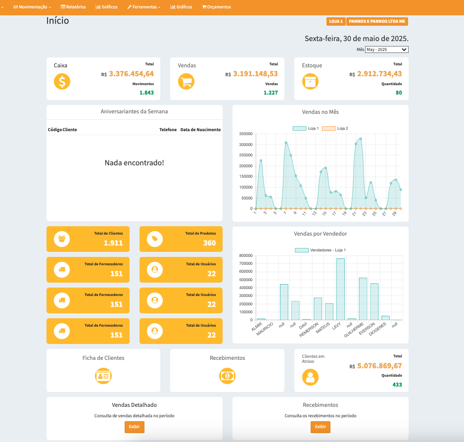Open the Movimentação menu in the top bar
point(32,7)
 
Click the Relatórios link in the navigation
point(73,7)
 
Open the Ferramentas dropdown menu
point(144,7)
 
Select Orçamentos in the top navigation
point(217,7)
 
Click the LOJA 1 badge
point(336,21)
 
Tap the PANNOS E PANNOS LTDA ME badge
point(377,21)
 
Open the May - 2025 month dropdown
point(386,49)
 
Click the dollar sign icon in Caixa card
point(62,82)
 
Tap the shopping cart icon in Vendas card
point(186,82)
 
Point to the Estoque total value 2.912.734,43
point(379,74)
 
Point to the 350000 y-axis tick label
point(245,134)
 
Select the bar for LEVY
point(340,289)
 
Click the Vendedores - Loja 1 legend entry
point(321,250)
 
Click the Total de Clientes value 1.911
point(113,243)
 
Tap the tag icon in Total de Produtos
point(155,239)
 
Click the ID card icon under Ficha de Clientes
point(103,376)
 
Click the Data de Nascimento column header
point(200,130)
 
